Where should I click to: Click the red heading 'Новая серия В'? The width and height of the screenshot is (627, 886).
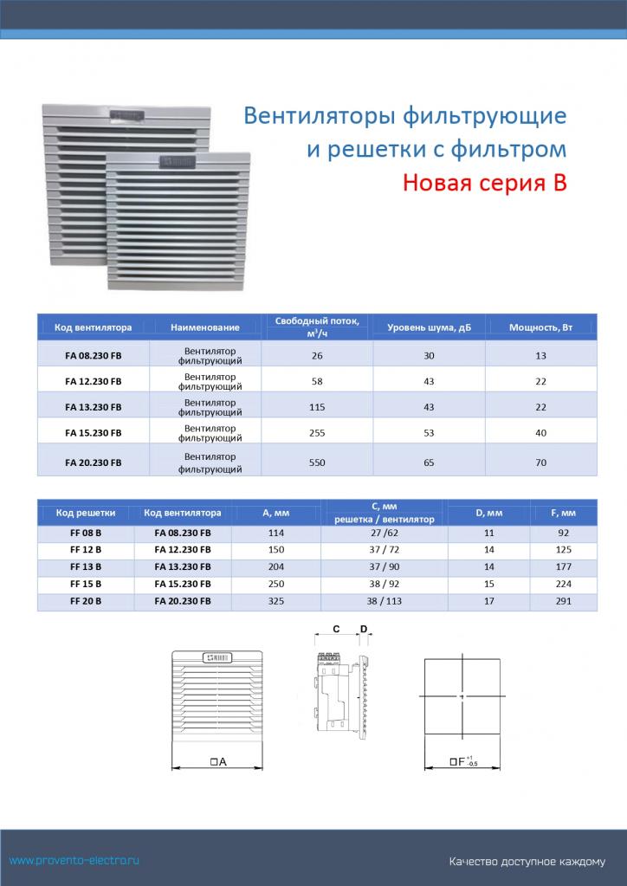click(x=484, y=184)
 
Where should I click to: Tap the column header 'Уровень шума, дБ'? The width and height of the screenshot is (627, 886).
click(x=429, y=327)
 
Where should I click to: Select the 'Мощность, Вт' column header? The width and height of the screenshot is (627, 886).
click(x=540, y=327)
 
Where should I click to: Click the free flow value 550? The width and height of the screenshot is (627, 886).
click(x=317, y=463)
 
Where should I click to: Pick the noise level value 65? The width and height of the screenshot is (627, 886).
click(x=429, y=463)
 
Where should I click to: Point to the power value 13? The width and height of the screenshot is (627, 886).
click(x=541, y=355)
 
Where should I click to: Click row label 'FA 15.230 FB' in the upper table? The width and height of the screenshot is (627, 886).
click(x=94, y=432)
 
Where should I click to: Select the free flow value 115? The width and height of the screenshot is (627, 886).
click(x=317, y=406)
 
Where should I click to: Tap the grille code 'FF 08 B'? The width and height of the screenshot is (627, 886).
click(x=86, y=533)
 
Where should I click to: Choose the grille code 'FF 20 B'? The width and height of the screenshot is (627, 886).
click(x=86, y=600)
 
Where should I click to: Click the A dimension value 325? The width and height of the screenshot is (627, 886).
click(x=275, y=600)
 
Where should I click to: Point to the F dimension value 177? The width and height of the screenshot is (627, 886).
click(x=563, y=566)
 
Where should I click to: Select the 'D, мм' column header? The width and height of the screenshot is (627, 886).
click(x=489, y=513)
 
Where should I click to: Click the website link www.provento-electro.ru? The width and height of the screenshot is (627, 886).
click(x=74, y=860)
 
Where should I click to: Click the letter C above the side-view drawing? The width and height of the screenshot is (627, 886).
click(x=335, y=630)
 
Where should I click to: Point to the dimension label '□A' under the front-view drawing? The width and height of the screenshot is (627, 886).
click(x=217, y=761)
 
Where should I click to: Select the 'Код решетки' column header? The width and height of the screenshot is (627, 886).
click(x=86, y=513)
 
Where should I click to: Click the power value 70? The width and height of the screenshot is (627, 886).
click(x=541, y=463)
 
